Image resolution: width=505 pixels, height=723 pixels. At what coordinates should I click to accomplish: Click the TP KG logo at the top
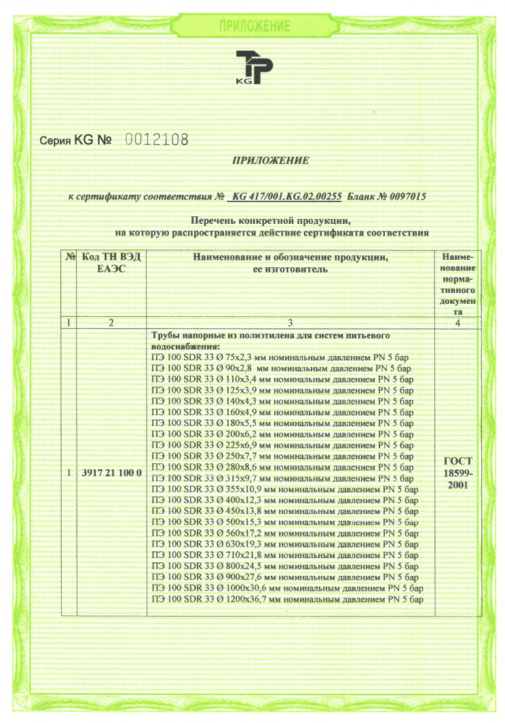[254, 69]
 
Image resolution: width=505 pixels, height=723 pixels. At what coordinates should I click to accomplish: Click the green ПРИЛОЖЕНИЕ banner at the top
[255, 26]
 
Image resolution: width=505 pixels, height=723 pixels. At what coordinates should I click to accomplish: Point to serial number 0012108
[157, 140]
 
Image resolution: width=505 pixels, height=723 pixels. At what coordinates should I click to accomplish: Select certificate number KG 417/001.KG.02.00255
[286, 197]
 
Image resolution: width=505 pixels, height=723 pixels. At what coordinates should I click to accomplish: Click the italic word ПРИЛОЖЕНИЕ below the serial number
[270, 161]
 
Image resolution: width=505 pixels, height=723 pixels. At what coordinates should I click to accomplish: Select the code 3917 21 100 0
[111, 472]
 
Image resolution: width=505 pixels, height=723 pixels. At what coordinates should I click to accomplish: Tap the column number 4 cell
[457, 323]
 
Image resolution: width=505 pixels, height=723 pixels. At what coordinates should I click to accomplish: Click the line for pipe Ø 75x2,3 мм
[282, 357]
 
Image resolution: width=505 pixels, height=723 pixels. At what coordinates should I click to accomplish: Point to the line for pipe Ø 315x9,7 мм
[282, 478]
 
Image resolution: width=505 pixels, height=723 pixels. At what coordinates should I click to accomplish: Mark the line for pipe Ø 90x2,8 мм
[280, 368]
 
